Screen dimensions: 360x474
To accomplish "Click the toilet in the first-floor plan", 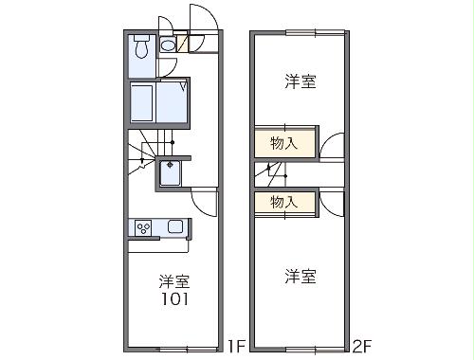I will coord(141,46).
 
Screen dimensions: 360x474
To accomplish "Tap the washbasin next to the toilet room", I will coord(168,44).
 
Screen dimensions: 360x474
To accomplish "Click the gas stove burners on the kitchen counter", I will coord(145,227).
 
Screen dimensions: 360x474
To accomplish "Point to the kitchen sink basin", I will coord(175,227).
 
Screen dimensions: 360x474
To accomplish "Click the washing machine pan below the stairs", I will coord(173,173).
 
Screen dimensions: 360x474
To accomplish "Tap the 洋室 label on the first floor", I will coord(173,281).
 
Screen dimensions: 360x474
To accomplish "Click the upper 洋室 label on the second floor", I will coord(300,82).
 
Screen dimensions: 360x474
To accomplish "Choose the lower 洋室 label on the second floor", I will coord(300,277).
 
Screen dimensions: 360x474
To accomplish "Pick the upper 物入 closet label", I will coord(283,144).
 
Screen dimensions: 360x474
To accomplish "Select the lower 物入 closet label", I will coord(283,202).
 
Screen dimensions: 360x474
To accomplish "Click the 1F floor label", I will coord(237,347).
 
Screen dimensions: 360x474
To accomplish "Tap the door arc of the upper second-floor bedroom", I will coord(332,149).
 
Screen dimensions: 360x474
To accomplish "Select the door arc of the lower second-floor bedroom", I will coord(332,200).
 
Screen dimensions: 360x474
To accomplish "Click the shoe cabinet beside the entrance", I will coord(182,44).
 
